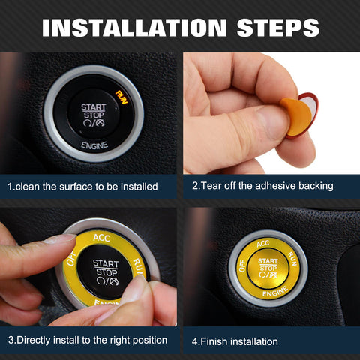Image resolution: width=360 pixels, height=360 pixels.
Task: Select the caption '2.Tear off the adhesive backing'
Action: [x=262, y=186]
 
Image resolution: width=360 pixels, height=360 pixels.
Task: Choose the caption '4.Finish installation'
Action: [x=235, y=341]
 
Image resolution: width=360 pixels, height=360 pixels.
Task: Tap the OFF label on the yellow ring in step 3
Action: [x=72, y=259]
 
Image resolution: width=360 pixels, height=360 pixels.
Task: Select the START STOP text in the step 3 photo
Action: [x=105, y=268]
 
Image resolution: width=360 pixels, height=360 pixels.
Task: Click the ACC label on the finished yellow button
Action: [x=262, y=244]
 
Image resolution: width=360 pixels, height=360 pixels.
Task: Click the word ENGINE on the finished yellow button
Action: [x=269, y=295]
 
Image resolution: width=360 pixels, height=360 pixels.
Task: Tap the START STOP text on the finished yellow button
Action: [x=268, y=264]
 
